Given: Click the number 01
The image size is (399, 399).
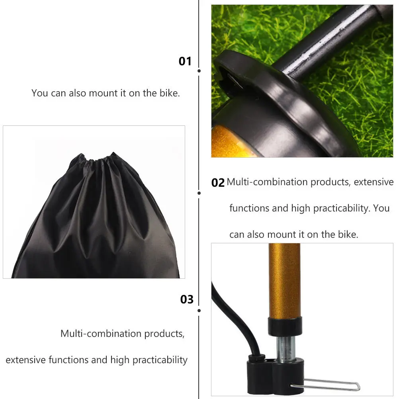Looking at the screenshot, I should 185,61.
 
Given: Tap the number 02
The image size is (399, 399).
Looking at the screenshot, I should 218,183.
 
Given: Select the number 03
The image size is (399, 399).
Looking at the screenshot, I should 187,299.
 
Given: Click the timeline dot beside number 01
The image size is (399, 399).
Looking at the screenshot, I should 199,71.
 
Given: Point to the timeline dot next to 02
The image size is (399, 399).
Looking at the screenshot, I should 199,193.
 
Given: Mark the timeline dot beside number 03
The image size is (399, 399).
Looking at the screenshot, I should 199,310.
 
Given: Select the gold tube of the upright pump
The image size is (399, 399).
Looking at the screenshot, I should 284,279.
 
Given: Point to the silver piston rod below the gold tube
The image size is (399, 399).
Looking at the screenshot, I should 286,346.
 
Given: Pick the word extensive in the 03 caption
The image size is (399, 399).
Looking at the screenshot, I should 26,360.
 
